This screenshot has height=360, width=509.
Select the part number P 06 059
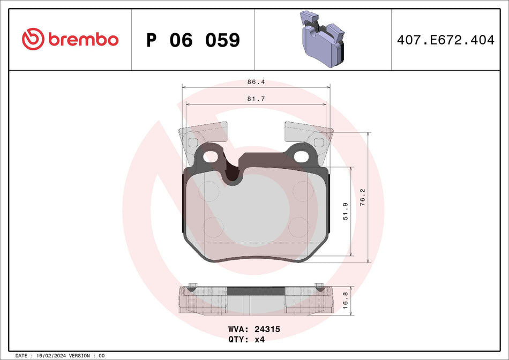coord(193,40)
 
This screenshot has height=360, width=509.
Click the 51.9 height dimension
coord(346,212)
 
